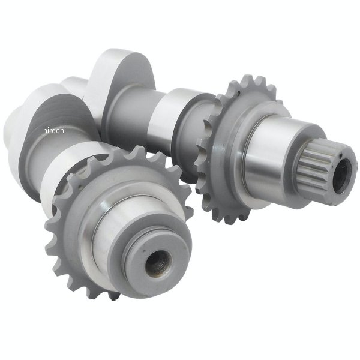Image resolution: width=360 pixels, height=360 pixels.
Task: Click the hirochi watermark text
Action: tap(55, 130)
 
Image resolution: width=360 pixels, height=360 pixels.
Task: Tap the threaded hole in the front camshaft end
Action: tap(158, 262)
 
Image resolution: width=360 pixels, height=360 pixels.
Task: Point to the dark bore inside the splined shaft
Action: tap(342, 176)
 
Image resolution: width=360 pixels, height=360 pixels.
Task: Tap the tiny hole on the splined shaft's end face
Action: tap(341, 156)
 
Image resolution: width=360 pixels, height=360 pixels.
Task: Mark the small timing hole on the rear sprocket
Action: tap(239, 93)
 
